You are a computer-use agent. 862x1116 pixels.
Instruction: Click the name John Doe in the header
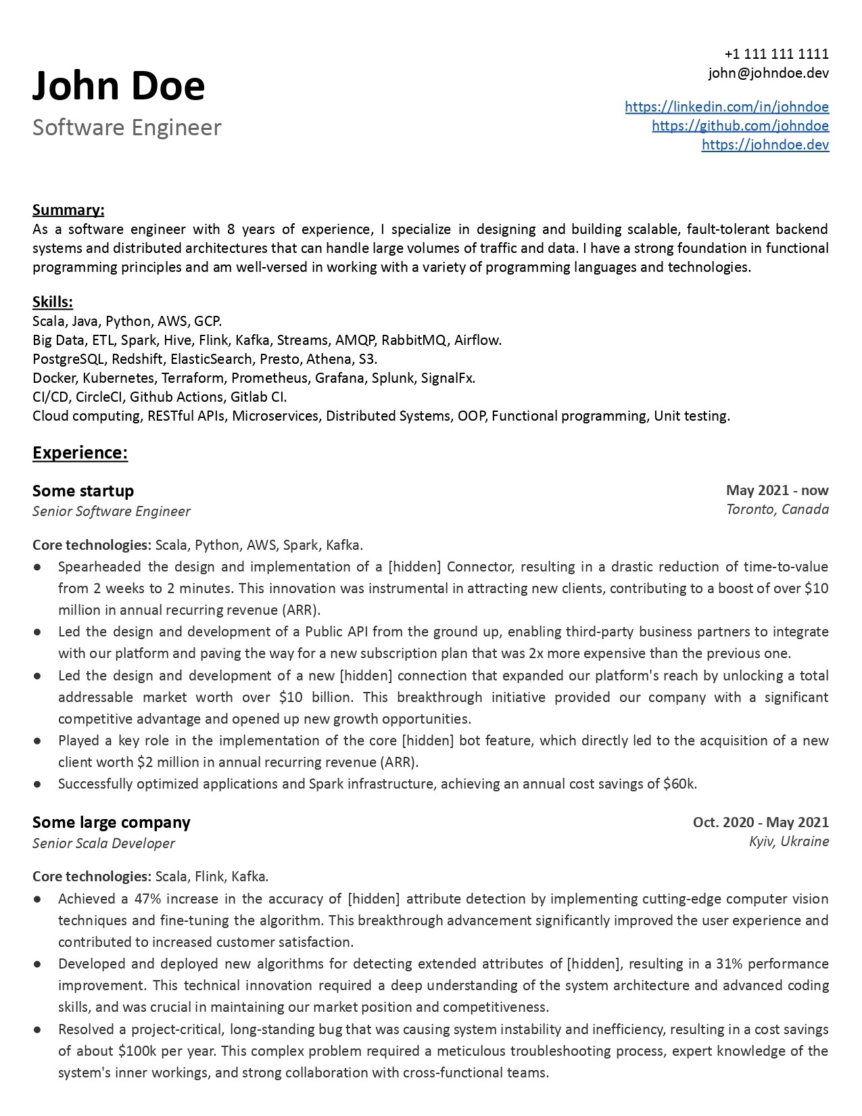pyautogui.click(x=118, y=87)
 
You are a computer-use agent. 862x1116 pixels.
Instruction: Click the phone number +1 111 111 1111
pyautogui.click(x=776, y=54)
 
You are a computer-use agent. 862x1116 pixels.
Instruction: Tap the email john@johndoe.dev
pyautogui.click(x=769, y=73)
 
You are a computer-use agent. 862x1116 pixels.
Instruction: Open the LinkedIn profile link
pyautogui.click(x=727, y=107)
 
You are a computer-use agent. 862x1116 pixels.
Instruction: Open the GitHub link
pyautogui.click(x=740, y=126)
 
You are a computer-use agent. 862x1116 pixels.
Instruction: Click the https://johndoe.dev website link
pyautogui.click(x=765, y=145)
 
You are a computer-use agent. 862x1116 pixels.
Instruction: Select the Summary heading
pyautogui.click(x=68, y=210)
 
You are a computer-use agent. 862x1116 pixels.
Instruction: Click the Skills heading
pyautogui.click(x=53, y=302)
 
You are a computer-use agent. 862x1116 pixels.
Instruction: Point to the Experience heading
pyautogui.click(x=80, y=452)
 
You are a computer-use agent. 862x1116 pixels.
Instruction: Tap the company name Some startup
pyautogui.click(x=83, y=490)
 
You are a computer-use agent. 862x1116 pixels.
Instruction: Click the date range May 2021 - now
pyautogui.click(x=777, y=490)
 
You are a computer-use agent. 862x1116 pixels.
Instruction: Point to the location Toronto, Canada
pyautogui.click(x=777, y=509)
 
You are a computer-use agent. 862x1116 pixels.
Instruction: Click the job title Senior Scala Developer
pyautogui.click(x=103, y=843)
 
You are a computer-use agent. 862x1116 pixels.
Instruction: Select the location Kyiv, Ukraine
pyautogui.click(x=788, y=841)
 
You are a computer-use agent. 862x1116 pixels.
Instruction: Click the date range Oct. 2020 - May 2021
pyautogui.click(x=761, y=822)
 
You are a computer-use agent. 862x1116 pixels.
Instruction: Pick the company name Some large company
pyautogui.click(x=112, y=822)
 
